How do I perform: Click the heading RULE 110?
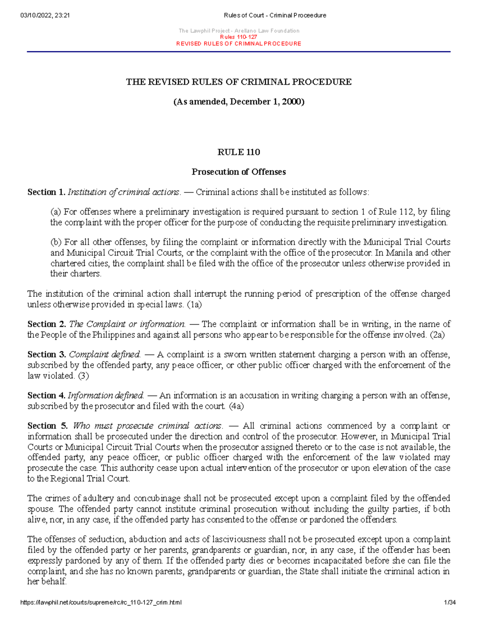(x=238, y=152)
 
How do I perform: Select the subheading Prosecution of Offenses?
(x=238, y=172)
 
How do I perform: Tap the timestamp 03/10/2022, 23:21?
(x=45, y=16)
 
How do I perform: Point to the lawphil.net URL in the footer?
(x=101, y=602)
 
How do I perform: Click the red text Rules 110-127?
(x=238, y=37)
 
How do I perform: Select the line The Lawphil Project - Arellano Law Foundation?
(x=238, y=31)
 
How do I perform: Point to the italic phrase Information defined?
(x=106, y=396)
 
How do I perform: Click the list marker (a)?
(x=56, y=212)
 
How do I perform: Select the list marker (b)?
(x=56, y=242)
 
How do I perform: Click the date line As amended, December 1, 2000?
(x=238, y=102)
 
